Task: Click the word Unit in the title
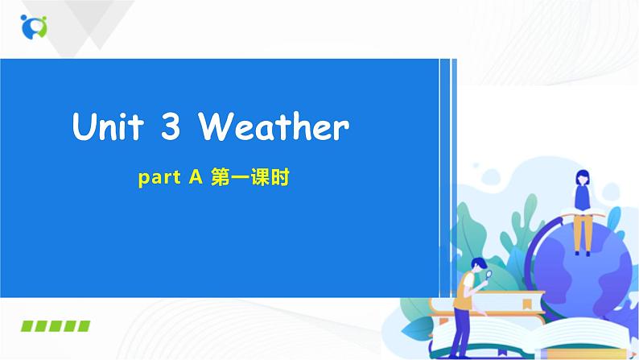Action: click(x=109, y=126)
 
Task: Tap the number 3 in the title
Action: click(x=171, y=126)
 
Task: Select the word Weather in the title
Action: click(x=274, y=126)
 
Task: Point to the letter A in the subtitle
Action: click(x=195, y=180)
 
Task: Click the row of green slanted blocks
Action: click(x=55, y=326)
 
